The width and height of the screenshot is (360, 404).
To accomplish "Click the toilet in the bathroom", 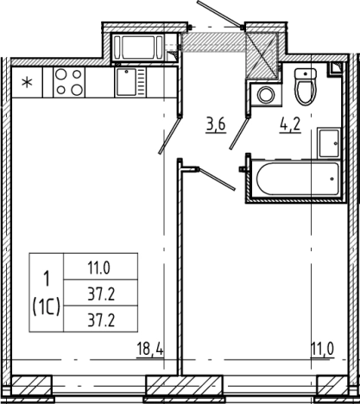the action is coord(306,86).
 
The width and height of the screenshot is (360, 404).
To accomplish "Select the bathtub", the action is coord(298,179).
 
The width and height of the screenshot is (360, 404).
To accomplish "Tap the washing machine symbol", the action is coord(265,95).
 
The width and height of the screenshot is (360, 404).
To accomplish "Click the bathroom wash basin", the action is coord(329,143).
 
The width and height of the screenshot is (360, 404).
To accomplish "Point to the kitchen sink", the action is coord(130,82).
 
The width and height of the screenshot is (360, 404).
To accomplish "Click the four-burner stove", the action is coord(69,82).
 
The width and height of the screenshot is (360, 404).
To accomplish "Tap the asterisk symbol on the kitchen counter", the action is coord(28,83).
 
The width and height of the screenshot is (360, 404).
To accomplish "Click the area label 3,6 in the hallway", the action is coord(216,126).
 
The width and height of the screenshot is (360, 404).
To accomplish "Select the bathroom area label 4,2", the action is coord(290,126).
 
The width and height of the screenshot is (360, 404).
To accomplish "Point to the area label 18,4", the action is coord(150,350).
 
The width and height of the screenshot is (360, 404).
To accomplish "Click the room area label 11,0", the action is coord(322,350).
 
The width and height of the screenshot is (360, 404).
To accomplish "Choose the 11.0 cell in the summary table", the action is coord(99,268).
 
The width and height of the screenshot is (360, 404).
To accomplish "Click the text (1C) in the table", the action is coord(47,307).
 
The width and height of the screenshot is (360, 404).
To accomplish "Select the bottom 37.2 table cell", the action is coord(101,320).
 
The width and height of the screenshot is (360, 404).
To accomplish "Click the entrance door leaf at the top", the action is coord(219,14).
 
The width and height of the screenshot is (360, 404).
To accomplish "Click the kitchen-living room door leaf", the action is coord(169,135).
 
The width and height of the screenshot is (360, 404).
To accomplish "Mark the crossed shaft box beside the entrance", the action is coord(262,55).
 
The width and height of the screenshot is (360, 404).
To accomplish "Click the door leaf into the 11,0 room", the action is coord(217,179).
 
